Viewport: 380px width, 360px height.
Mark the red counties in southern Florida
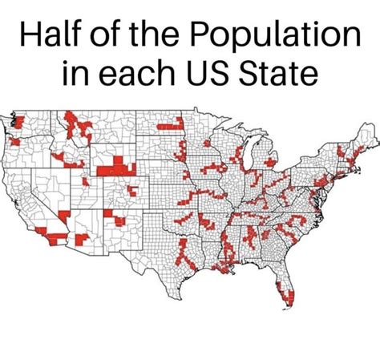tap(289, 301)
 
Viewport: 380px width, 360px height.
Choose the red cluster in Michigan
tap(271, 163)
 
